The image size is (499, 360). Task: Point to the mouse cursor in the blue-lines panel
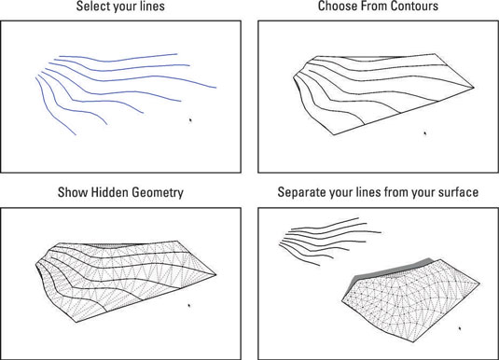pos(190,119)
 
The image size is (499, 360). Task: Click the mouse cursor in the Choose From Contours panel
pos(424,134)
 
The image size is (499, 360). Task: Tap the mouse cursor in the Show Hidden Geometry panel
pos(189,304)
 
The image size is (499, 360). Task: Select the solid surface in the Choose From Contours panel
pos(373,89)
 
